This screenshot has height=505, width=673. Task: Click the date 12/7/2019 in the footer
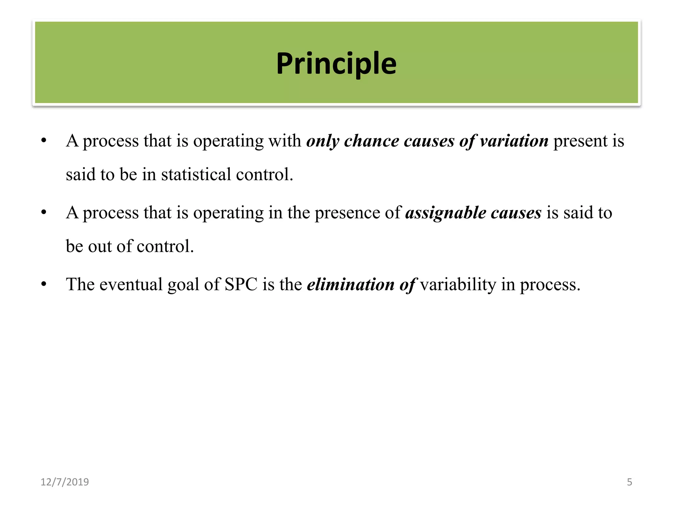point(65,482)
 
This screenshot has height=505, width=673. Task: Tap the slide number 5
point(629,482)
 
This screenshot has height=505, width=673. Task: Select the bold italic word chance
point(371,141)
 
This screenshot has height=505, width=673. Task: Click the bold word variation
point(514,141)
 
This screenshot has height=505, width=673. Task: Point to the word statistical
point(196,174)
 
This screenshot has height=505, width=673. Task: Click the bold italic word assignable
point(446,213)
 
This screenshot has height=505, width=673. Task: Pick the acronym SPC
point(241,284)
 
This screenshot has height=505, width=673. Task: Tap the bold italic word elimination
point(351,284)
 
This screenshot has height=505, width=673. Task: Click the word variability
point(458,284)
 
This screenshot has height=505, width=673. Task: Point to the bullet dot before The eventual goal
point(44,284)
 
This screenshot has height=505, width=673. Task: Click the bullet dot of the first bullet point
point(44,141)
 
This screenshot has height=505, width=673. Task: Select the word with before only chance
point(285,141)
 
